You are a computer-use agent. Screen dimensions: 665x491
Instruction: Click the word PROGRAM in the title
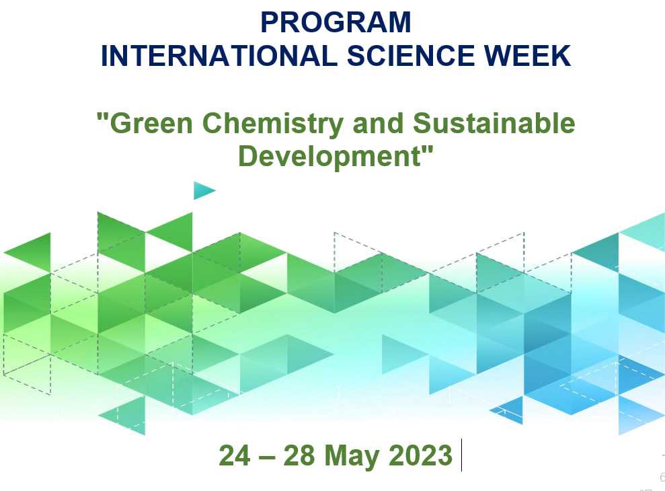coord(336,22)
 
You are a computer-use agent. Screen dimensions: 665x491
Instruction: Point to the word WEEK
coord(528,56)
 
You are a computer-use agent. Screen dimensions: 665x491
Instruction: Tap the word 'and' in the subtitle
coord(378,123)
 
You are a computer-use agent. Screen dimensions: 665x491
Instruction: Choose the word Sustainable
coord(494,123)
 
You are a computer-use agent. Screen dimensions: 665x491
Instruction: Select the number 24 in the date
coord(235,455)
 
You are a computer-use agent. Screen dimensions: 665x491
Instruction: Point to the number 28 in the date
coord(299,455)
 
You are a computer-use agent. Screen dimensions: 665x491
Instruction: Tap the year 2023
coord(421,455)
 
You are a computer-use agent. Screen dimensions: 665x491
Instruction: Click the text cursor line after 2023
coord(461,455)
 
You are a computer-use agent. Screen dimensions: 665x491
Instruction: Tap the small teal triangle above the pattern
coord(202,190)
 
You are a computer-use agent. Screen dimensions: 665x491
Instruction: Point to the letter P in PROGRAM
coord(270,22)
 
